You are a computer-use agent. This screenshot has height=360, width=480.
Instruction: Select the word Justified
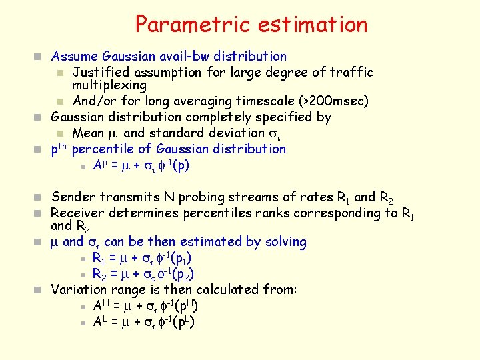[100, 72]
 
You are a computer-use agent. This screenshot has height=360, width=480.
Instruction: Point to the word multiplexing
[109, 86]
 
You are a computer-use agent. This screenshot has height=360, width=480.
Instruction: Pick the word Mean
[88, 133]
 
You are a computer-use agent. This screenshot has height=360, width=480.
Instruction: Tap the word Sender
[73, 197]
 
